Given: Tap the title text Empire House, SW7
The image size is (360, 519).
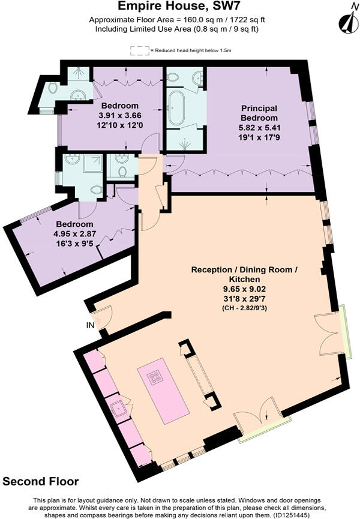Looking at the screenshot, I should pos(180,7).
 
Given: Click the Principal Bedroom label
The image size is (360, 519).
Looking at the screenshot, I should pos(259,113).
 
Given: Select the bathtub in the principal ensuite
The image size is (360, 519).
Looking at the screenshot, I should pos(178,109).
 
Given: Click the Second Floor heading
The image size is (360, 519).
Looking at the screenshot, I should pos(40,482).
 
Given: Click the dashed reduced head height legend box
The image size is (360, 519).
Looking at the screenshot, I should pos(139,51).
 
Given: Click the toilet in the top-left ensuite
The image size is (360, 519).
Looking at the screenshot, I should pos(52,88).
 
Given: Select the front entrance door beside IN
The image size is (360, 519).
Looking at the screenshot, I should pos(101,318).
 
